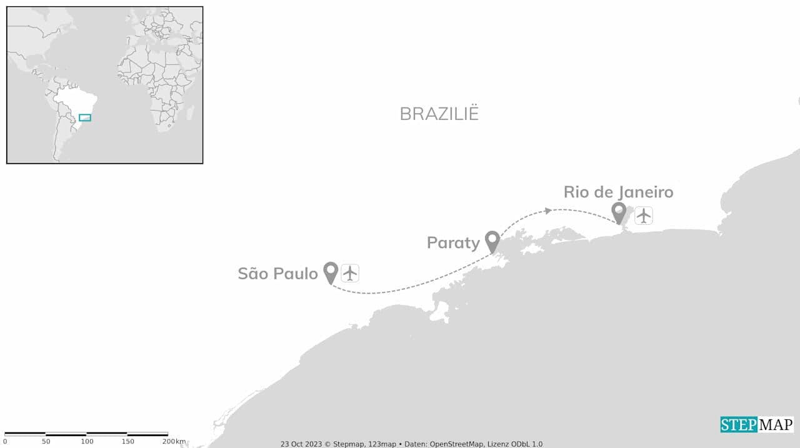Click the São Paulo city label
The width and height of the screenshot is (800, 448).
pos(278,274)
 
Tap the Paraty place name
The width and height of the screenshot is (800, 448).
pos(453,242)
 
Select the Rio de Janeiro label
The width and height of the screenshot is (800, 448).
pos(618,192)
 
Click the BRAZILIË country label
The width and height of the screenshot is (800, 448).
pos(439,114)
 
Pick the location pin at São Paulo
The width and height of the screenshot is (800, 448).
pos(331,272)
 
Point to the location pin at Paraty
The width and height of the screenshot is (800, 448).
pos(492,241)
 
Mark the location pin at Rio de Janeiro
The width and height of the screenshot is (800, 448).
pos(619,212)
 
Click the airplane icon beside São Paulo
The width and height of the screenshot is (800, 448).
pos(350,273)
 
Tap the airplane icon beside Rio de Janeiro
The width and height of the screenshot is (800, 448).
pos(644,216)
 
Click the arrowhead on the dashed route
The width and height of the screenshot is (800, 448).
pos(547,211)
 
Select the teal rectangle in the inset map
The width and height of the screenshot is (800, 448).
pos(85,117)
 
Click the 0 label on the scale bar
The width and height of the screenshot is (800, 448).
pos(5,442)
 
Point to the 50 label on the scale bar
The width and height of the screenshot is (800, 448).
pos(46,442)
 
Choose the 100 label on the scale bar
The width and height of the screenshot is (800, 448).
pos(87,442)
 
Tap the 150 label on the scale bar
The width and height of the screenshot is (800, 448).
pos(127,442)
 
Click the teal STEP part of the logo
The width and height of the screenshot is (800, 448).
pos(739,425)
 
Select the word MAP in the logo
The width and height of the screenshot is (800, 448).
pos(776,425)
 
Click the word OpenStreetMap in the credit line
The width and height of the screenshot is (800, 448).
pos(456,444)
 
